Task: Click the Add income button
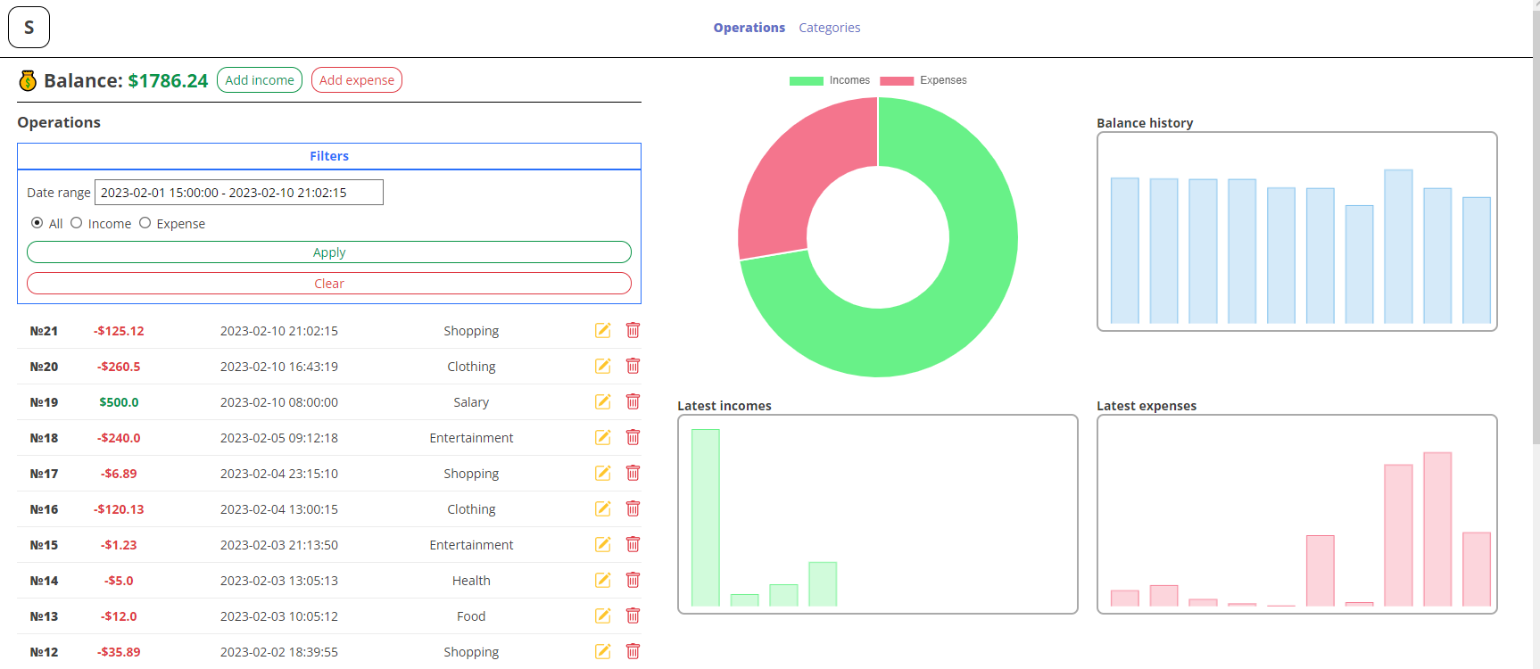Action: [x=260, y=80]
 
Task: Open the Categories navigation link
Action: [x=829, y=28]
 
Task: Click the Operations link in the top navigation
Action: [x=749, y=28]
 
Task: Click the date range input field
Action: [x=239, y=193]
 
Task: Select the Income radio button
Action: [x=77, y=223]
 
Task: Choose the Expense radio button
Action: [x=145, y=223]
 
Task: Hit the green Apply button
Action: [x=329, y=252]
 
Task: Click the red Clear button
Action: [x=329, y=284]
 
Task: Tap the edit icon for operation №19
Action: [x=603, y=401]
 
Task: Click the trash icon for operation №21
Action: [x=633, y=330]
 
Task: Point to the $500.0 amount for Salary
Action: [x=119, y=402]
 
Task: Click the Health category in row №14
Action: [x=471, y=581]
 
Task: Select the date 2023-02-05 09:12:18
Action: [x=279, y=438]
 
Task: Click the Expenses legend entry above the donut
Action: [x=923, y=80]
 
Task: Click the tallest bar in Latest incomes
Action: [x=706, y=517]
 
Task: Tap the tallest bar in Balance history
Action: [x=1398, y=245]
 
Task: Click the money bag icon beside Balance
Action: [x=28, y=81]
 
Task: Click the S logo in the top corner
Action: [x=29, y=27]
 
